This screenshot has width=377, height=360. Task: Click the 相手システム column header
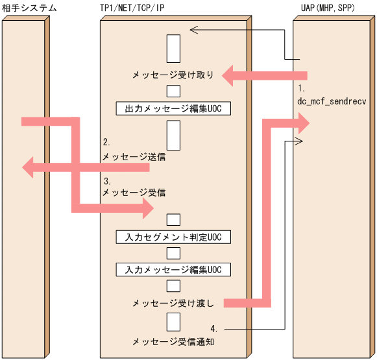point(29,8)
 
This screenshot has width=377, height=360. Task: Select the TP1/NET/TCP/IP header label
point(132,8)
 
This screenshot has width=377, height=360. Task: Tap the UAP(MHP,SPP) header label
point(326,8)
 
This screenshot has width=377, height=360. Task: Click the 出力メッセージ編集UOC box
point(173,108)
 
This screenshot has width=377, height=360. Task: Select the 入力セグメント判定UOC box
point(173,237)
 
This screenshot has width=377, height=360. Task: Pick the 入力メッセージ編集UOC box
point(173,269)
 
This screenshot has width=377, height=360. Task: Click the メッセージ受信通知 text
point(173,341)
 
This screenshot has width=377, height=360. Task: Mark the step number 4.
point(214,328)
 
